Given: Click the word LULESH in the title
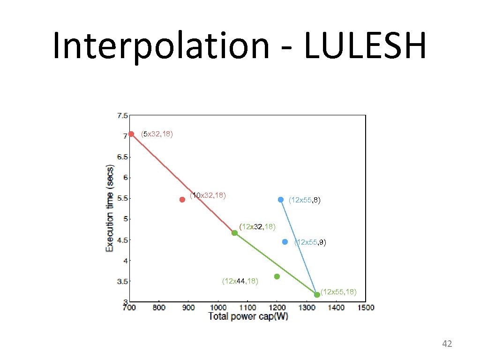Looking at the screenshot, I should coord(365,45).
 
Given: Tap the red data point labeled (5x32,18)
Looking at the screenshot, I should coord(131,134).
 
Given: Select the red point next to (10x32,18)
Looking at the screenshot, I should coord(182,200).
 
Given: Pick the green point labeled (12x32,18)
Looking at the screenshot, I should coord(234,233).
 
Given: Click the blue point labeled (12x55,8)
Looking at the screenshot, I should coord(281,200).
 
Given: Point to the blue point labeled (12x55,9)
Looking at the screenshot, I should coord(285,242).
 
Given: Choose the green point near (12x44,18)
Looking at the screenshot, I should coord(277,277).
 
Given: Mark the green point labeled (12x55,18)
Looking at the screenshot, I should coord(317,294).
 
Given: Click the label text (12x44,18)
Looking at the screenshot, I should coord(240,281).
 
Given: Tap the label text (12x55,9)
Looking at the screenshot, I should coord(310,242).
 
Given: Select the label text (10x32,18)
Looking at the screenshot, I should coord(208,195).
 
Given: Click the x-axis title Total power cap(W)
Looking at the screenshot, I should coord(248,316).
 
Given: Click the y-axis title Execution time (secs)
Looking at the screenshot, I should coord(110,208).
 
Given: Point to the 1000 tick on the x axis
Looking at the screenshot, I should coord(217,307).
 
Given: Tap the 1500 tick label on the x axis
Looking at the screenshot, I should coord(366,307).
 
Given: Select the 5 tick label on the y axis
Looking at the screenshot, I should coord(125,219).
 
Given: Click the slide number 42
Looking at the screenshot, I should coord(447,345).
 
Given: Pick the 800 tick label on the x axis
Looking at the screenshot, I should coord(159,307).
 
